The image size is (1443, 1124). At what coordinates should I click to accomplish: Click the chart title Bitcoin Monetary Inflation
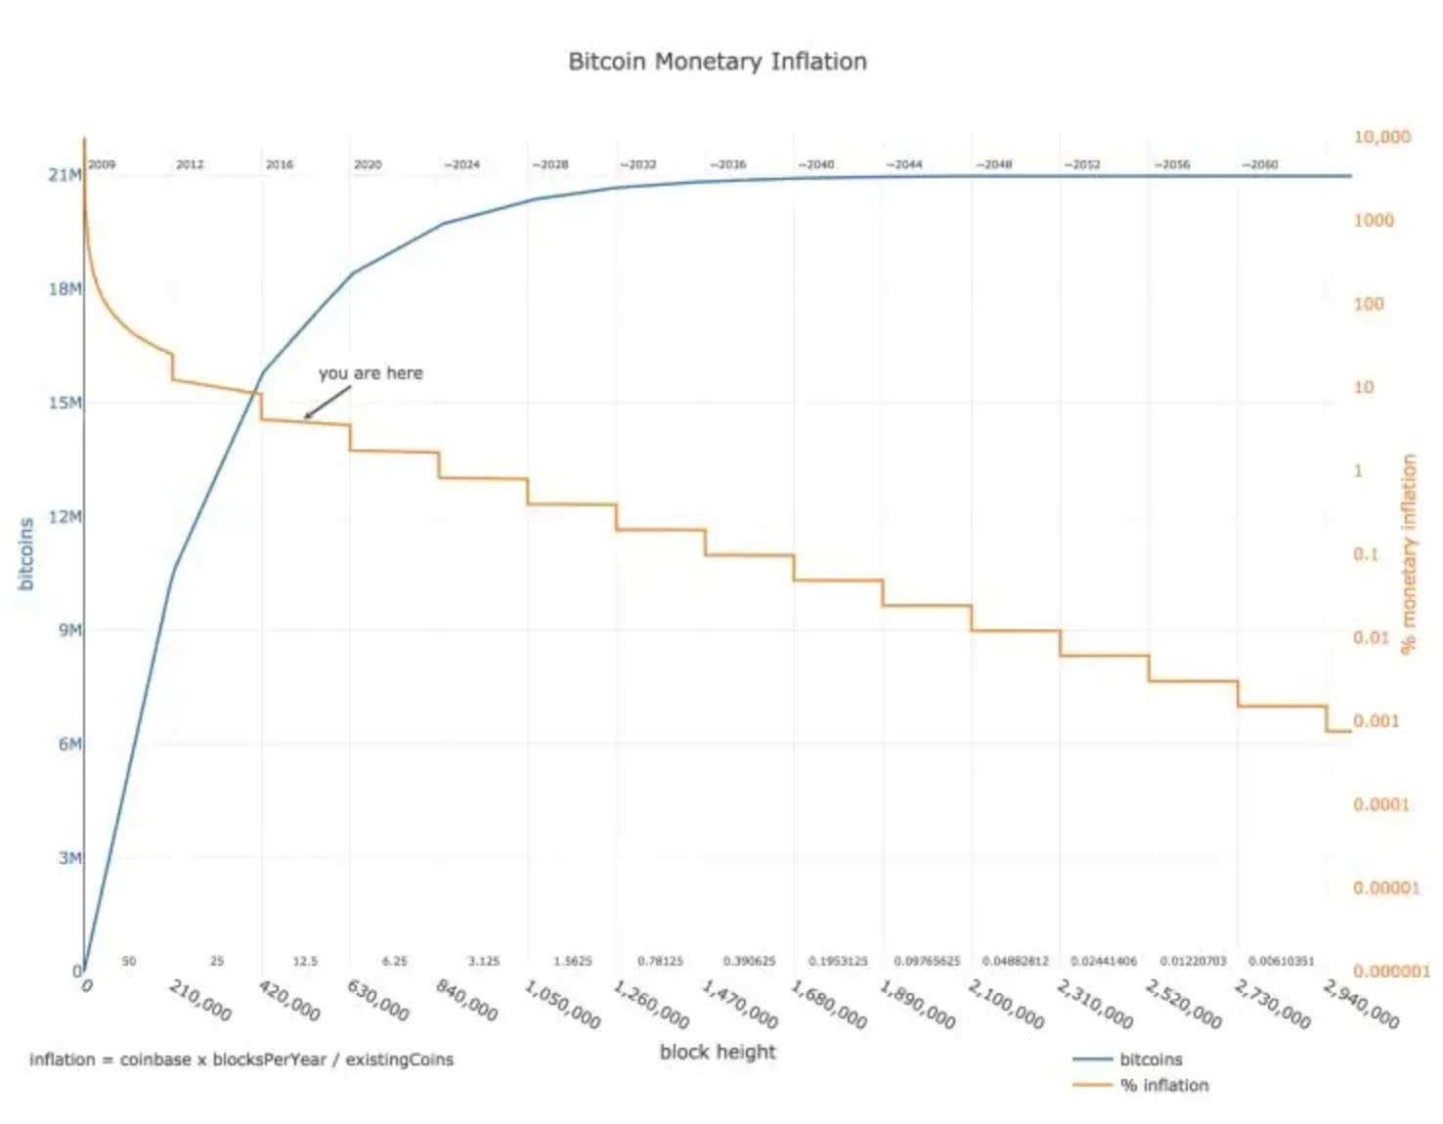click(717, 62)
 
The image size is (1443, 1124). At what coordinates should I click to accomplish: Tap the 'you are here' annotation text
click(371, 373)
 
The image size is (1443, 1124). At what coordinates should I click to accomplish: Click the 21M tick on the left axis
click(65, 175)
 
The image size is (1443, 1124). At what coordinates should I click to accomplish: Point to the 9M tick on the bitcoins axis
click(69, 630)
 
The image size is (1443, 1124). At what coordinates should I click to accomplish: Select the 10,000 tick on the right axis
click(1381, 137)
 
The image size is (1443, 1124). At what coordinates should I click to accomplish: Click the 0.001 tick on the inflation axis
click(1376, 721)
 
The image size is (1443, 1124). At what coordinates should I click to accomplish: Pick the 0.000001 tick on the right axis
click(1390, 972)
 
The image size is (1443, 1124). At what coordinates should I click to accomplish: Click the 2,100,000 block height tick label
click(1006, 1004)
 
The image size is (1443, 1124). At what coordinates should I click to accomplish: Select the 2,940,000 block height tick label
click(1361, 1004)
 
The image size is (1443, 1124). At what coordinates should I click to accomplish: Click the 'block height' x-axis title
click(717, 1053)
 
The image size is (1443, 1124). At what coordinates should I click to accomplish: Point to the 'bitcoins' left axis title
click(26, 553)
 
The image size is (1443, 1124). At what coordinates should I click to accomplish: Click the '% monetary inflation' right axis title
click(1408, 553)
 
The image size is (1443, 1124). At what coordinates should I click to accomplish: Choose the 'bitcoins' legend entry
click(1151, 1059)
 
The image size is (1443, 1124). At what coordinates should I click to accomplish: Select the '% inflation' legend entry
click(1163, 1086)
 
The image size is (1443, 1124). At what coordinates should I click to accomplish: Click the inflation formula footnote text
click(241, 1059)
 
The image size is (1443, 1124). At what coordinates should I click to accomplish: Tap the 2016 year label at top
click(280, 164)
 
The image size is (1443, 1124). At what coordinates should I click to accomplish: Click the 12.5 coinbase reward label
click(305, 962)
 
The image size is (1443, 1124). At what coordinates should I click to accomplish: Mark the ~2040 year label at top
click(815, 164)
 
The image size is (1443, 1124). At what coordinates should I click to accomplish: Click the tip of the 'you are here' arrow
click(305, 417)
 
